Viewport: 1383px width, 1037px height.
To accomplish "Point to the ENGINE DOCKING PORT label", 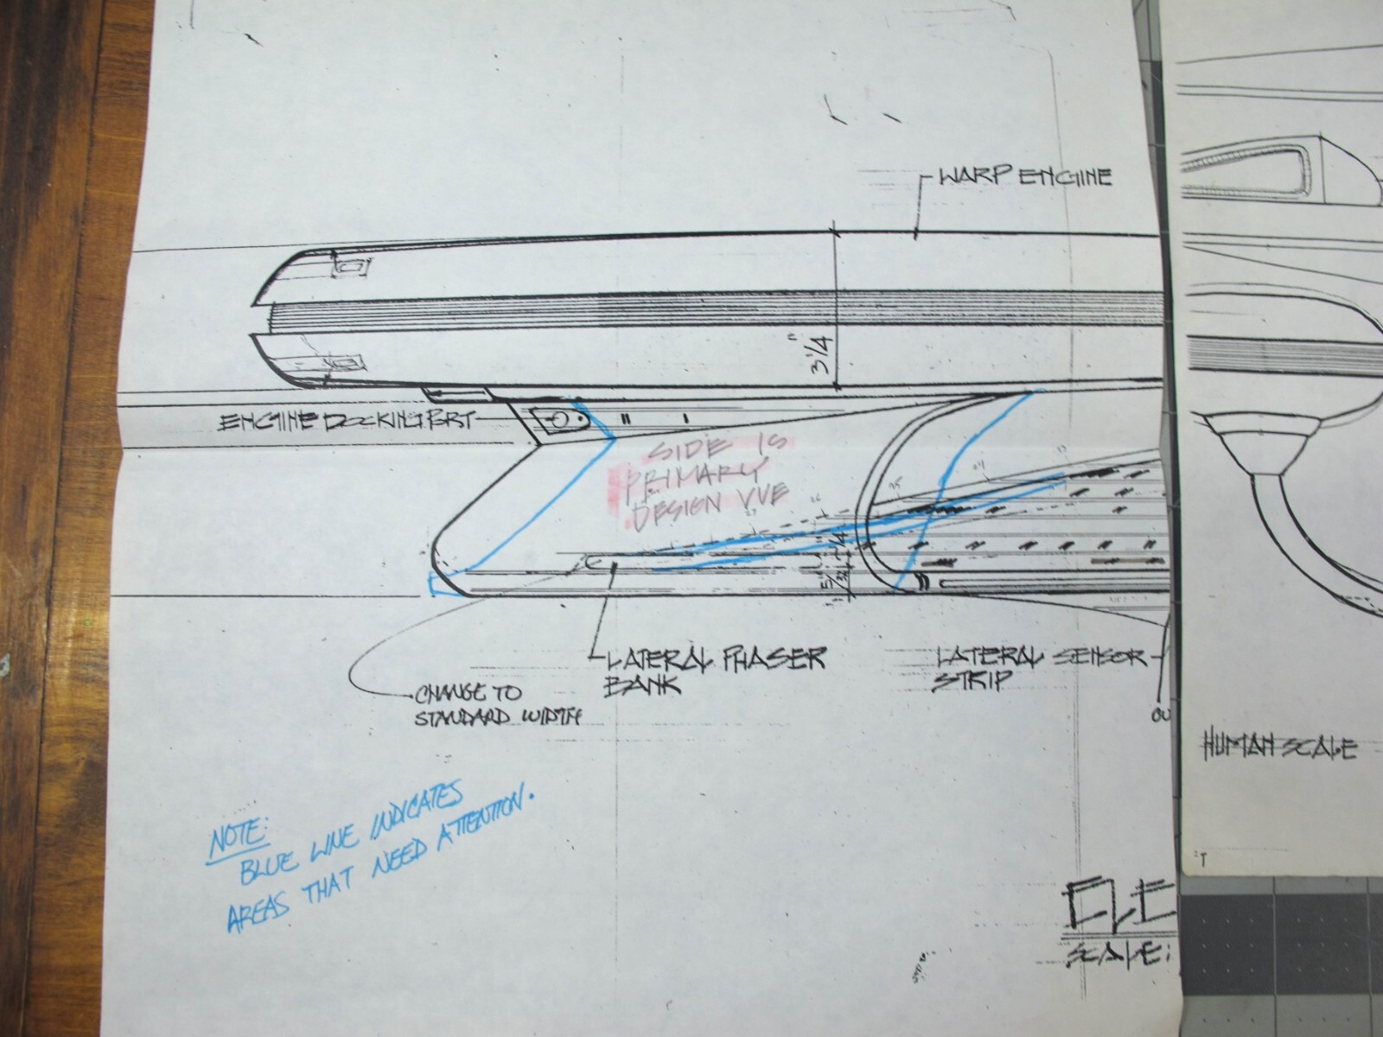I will (343, 423).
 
